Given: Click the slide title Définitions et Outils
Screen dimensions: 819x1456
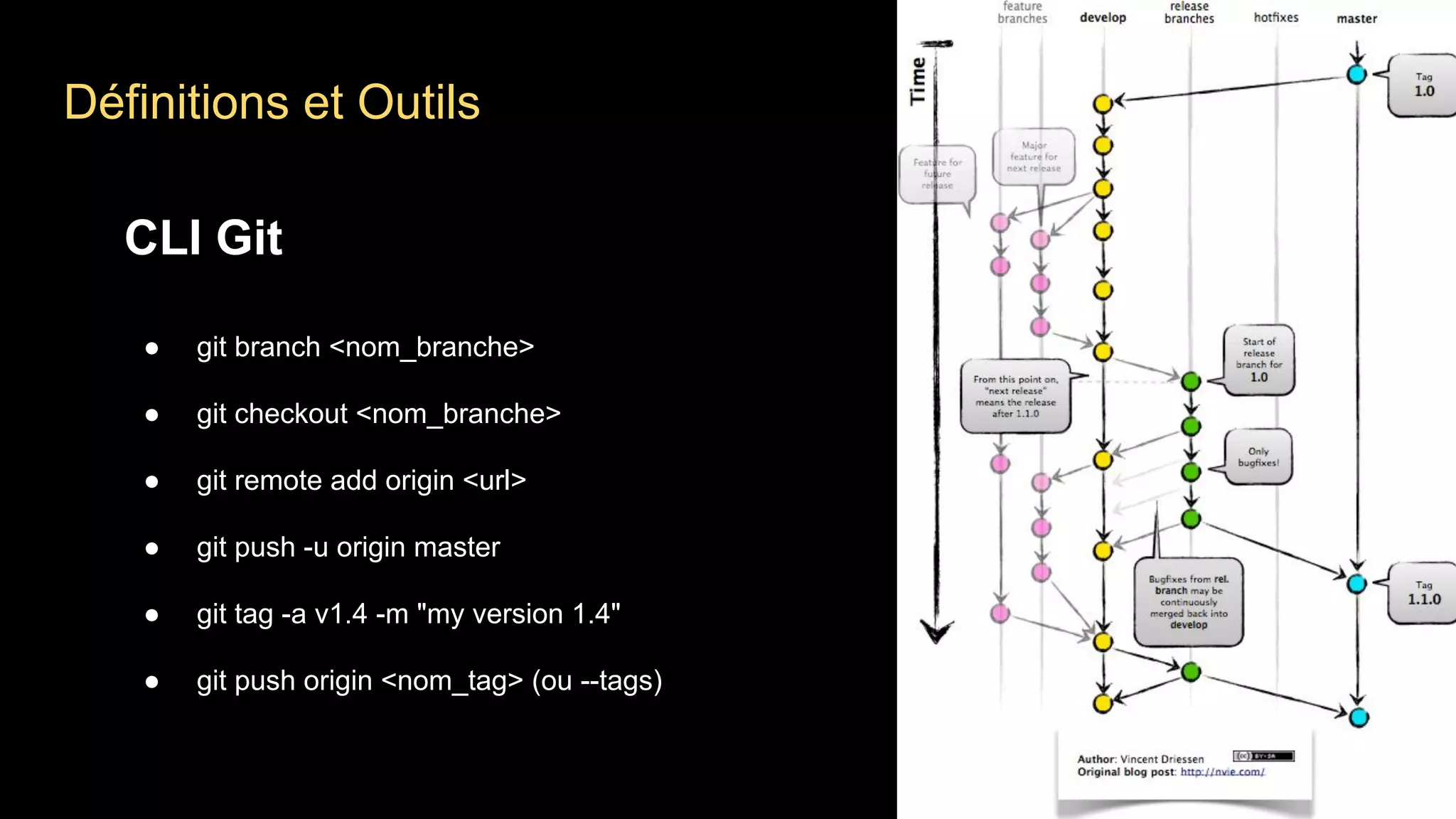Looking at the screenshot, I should (272, 102).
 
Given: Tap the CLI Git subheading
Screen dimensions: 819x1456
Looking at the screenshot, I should (203, 237).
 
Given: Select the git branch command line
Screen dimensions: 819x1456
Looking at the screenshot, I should (365, 347).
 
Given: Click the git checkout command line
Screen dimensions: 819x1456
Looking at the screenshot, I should (378, 414).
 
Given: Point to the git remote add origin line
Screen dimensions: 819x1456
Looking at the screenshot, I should (361, 481).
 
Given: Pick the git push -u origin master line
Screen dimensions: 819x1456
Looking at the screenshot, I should (348, 547).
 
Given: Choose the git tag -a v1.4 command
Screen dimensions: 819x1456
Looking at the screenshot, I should (408, 614).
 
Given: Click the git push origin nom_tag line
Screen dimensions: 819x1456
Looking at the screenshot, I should (429, 681).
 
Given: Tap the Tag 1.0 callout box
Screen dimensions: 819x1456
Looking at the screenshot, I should (1423, 85).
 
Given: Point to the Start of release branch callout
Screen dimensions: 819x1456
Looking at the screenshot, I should (1258, 360).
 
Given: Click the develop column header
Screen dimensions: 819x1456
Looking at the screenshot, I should (1103, 18).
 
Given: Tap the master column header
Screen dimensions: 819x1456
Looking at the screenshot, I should (1356, 19).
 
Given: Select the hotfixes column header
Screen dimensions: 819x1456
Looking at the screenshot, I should (1275, 18).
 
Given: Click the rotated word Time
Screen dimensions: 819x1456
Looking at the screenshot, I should (918, 81).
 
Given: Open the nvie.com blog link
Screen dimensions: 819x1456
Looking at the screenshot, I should (1222, 772).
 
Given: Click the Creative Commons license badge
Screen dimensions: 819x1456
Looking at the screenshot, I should (1263, 756).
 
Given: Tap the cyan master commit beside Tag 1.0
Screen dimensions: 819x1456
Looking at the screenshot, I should (1356, 74).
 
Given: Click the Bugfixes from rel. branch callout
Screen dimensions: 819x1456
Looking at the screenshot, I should (1188, 602).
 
